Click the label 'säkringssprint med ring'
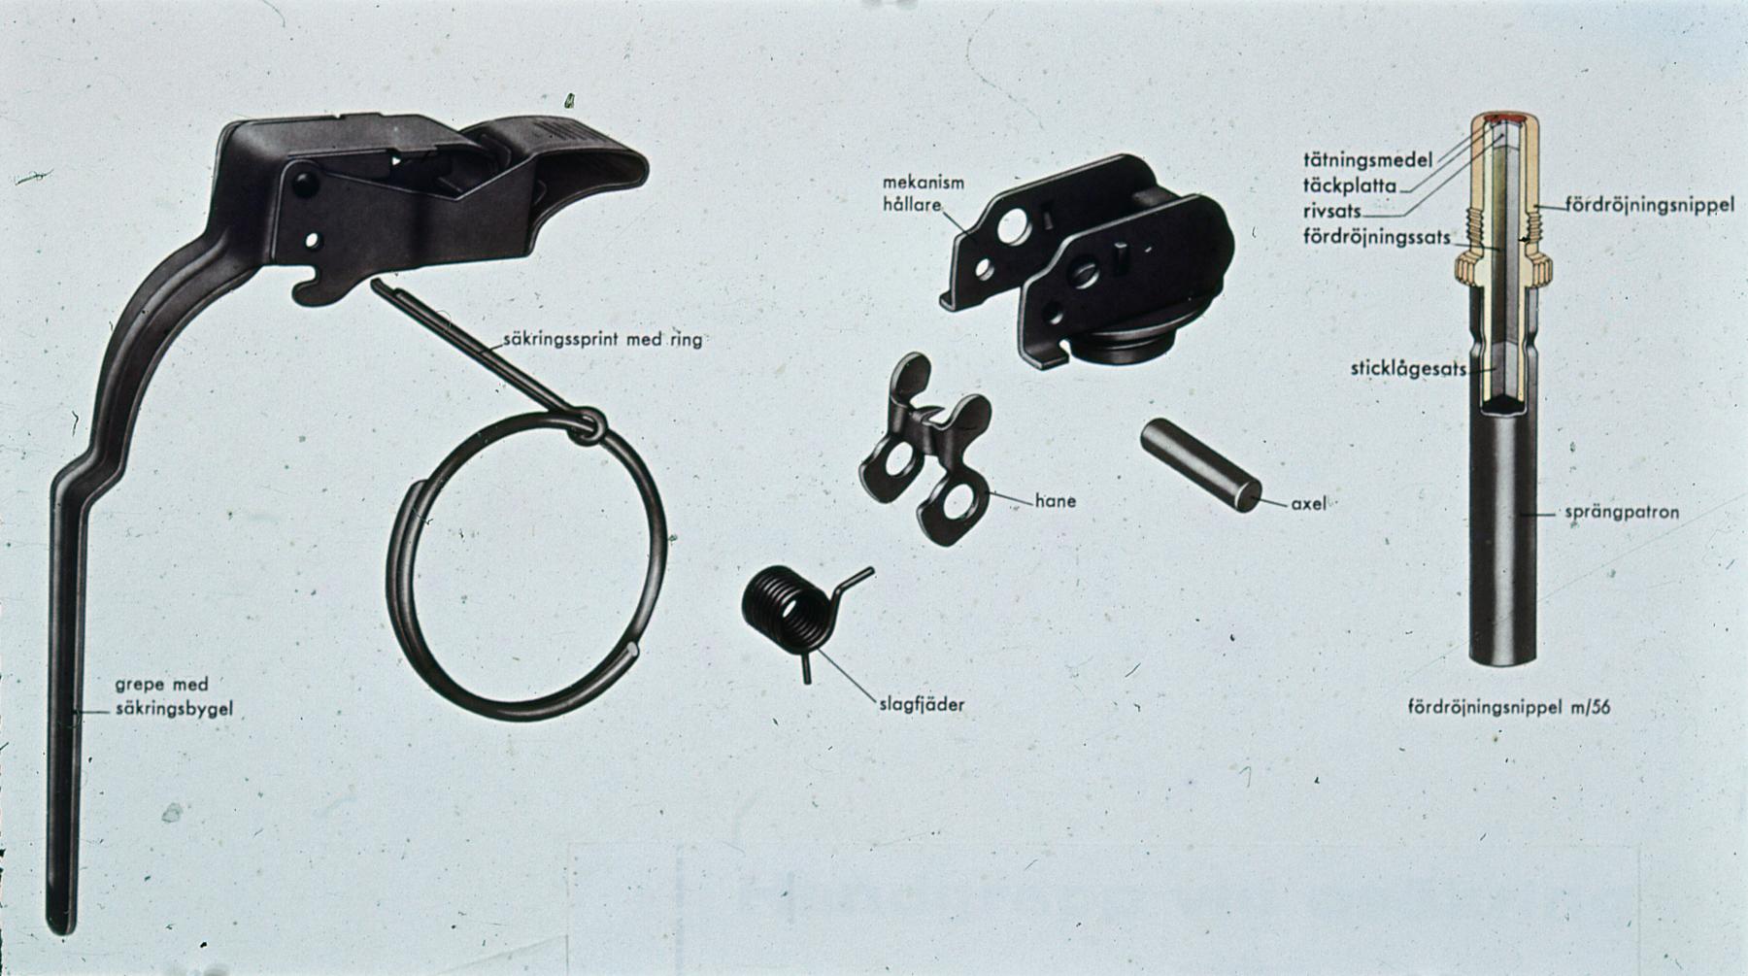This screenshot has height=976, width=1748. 602,341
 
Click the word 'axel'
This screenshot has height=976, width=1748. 1308,504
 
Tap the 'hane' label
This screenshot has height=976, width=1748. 1055,501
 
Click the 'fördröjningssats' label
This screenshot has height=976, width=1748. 1377,236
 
